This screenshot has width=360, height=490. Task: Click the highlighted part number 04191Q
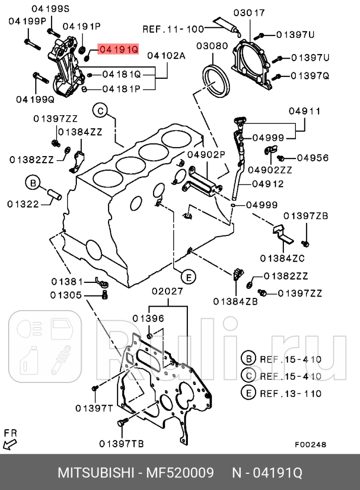coord(118,49)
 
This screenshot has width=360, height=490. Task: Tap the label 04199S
coord(50,8)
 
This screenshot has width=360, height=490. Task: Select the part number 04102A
coord(166,56)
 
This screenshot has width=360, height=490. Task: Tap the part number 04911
coord(305,111)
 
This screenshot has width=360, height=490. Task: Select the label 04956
coord(313,158)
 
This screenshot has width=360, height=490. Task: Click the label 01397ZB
coord(305,216)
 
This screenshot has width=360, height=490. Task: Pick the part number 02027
coord(168,291)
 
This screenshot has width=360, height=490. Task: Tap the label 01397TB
coord(121,444)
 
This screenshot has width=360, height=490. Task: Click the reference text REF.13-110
coord(290,393)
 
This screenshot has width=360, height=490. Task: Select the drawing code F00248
coord(311,445)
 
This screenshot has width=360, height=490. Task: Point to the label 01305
coord(66,295)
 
